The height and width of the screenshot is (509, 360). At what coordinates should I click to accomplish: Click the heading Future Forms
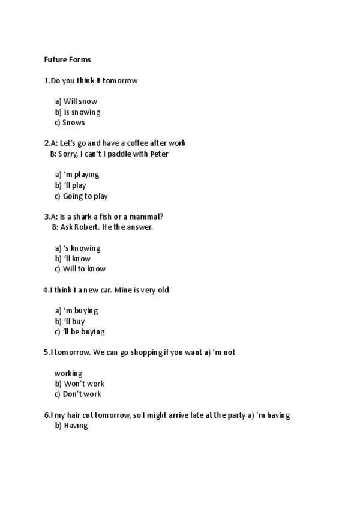[x=67, y=60]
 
